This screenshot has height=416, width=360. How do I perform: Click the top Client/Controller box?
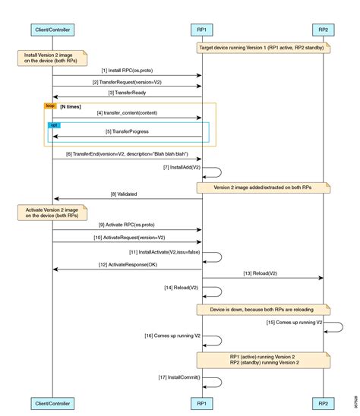[x=52, y=30]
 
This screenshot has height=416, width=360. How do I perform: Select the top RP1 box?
[x=201, y=30]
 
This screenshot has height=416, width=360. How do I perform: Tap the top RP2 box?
[x=323, y=30]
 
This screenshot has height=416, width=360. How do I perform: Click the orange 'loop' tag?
[x=50, y=107]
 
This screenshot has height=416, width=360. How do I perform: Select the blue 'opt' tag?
[x=53, y=124]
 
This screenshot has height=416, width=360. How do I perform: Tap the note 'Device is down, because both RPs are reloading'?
[x=263, y=310]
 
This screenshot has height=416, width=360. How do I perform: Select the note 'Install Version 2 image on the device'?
[x=49, y=58]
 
